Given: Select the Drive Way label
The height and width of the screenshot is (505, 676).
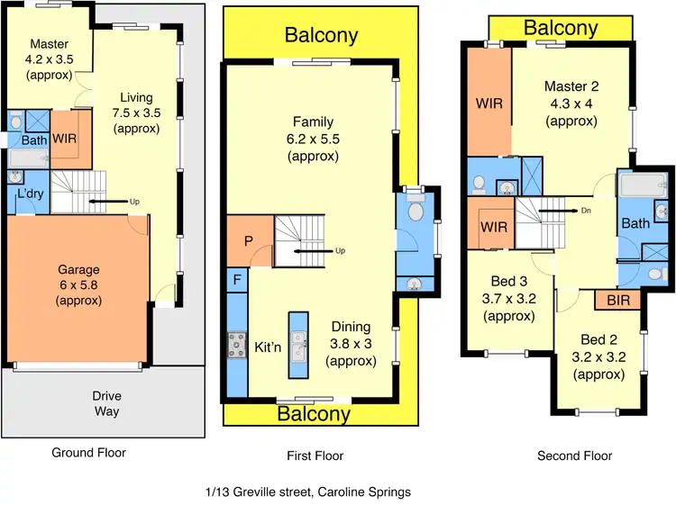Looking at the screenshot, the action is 105,403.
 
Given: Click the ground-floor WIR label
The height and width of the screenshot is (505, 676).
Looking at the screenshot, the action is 64,140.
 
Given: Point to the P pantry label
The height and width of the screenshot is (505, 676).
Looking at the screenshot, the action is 248,241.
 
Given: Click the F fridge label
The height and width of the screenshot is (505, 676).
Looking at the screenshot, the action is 236,280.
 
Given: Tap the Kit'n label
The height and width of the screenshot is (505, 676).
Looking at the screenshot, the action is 269,347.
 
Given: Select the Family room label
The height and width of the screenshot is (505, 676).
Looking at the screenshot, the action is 313,122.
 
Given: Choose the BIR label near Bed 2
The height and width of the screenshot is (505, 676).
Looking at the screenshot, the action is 618,299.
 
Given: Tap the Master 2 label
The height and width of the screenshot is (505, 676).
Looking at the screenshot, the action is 571,86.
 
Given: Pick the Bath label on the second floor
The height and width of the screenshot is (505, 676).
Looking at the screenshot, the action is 635,223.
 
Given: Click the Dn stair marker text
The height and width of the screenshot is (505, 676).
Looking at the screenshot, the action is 586,212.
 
